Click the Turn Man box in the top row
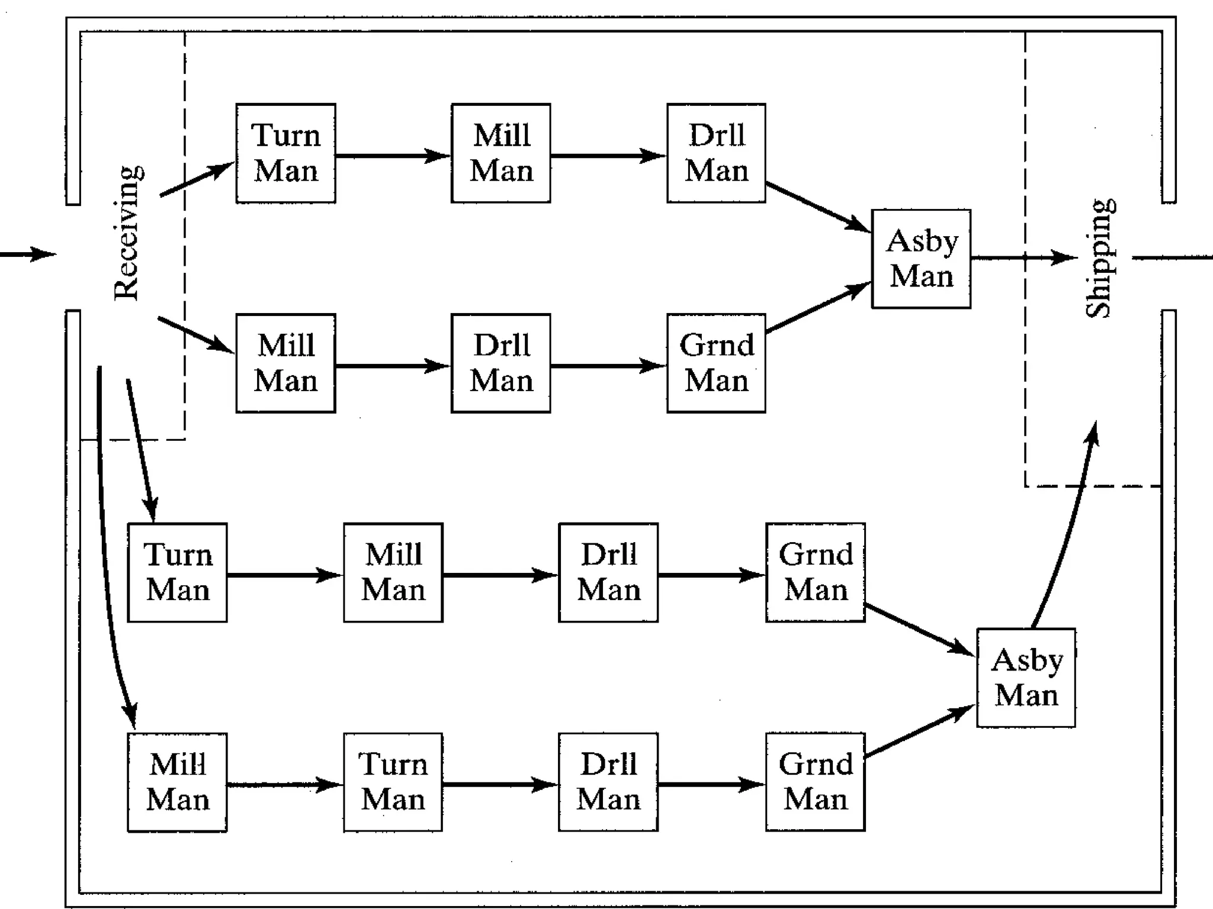tap(285, 153)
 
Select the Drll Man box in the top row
tap(716, 153)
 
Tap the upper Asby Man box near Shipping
tap(921, 259)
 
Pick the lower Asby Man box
tap(1026, 678)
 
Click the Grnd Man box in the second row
tap(716, 363)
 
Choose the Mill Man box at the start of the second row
tap(285, 363)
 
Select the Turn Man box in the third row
tap(177, 572)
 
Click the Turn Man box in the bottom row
tap(393, 782)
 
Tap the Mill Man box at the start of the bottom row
tap(177, 782)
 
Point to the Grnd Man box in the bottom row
tap(815, 782)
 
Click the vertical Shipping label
tap(1099, 259)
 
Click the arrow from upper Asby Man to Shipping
tap(1022, 258)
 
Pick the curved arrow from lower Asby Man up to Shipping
tap(1066, 533)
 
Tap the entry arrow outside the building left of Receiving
tap(27, 254)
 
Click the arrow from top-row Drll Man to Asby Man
tap(817, 207)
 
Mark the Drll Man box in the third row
tap(608, 572)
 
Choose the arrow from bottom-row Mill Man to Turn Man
tap(284, 785)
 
